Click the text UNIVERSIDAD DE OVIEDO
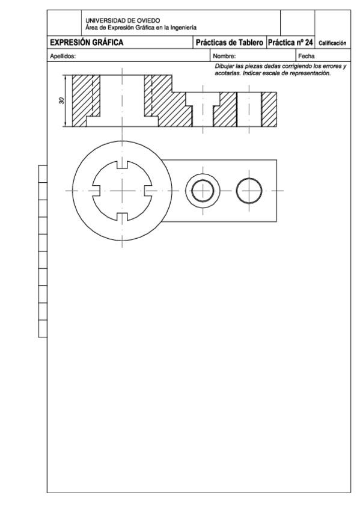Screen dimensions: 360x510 (x=123, y=20)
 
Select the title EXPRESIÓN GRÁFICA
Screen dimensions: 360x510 (x=87, y=43)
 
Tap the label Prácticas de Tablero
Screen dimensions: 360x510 (x=230, y=43)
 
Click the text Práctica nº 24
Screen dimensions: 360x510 (x=290, y=43)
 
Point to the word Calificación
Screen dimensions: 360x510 (x=332, y=43)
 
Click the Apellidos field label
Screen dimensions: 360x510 (x=63, y=56)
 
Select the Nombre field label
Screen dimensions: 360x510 (x=224, y=56)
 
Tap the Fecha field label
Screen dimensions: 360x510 (x=306, y=56)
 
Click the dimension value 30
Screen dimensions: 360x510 (x=62, y=100)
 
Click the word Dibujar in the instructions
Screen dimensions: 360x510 (x=225, y=66)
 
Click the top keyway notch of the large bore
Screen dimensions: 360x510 (x=122, y=165)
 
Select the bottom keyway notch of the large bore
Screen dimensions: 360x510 (x=122, y=217)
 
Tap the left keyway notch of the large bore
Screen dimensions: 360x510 (x=96, y=191)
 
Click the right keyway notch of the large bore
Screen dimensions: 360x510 (x=148, y=191)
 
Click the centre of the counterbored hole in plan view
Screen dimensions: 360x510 (x=203, y=191)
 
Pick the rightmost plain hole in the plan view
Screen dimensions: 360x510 (x=249, y=191)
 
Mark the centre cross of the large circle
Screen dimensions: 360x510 (x=122, y=191)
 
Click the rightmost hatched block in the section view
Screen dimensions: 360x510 (x=269, y=109)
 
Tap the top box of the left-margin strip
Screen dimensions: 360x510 (x=43, y=174)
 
